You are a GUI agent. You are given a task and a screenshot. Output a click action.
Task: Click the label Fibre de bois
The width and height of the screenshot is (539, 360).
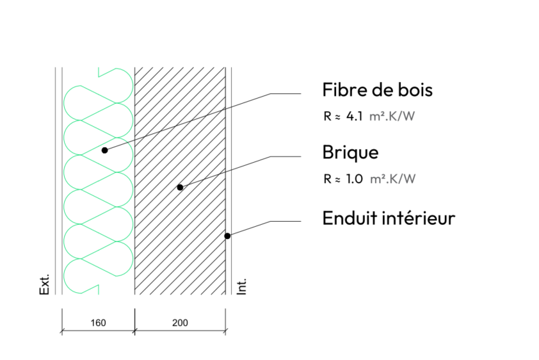pos(377,90)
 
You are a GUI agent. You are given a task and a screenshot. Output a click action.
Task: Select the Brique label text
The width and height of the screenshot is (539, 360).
pos(350,153)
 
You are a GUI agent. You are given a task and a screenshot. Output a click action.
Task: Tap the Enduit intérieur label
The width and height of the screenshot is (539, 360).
pos(389,218)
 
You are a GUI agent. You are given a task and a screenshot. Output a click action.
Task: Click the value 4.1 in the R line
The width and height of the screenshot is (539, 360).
pos(354,117)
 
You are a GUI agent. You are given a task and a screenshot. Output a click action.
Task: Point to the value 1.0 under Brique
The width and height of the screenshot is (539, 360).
pos(354,179)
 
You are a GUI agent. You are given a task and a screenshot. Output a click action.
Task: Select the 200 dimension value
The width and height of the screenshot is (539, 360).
pos(181,323)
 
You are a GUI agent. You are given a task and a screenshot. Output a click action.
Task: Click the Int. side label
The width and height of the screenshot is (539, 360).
pos(242,286)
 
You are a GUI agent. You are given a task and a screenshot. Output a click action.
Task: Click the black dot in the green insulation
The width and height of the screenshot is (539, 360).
pos(104,150)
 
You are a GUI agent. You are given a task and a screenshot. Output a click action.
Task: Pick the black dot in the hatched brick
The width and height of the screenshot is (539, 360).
pos(180,187)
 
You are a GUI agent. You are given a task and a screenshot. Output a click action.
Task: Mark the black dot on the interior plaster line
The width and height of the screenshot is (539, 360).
pos(227,236)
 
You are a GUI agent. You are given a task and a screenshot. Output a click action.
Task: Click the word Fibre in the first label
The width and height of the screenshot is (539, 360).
pos(341,90)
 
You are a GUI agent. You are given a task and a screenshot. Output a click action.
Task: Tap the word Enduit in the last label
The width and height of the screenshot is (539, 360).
pos(346,218)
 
